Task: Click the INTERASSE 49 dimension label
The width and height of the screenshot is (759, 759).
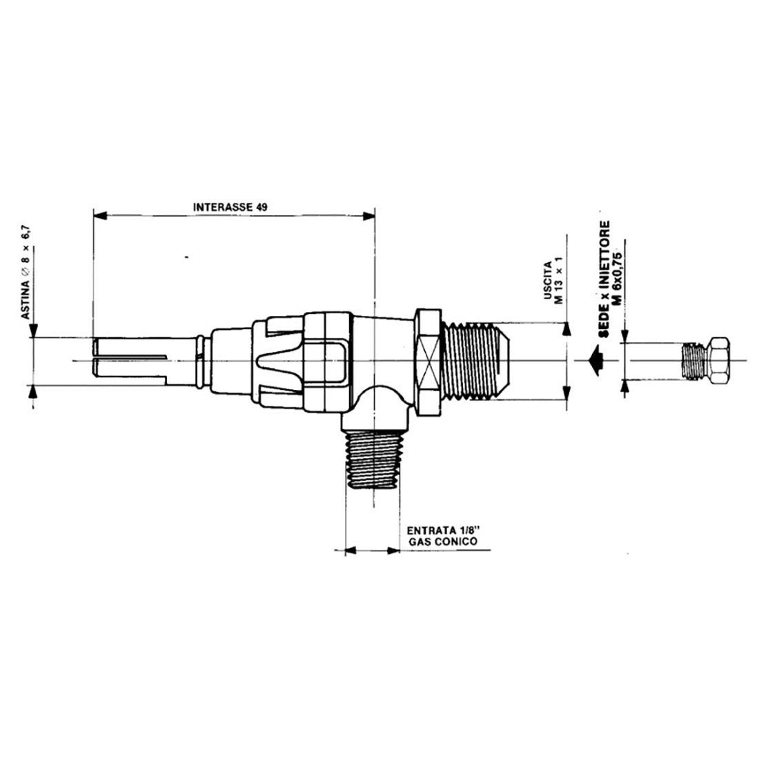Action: pos(230,207)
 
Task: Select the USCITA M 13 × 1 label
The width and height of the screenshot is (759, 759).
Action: pos(554,283)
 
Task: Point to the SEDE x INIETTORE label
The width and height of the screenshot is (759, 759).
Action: pos(604,279)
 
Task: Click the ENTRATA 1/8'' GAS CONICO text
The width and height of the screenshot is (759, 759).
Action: pos(443,535)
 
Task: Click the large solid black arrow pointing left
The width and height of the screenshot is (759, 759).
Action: pos(594,361)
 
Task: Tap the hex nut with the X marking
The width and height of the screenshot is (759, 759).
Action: pos(429,360)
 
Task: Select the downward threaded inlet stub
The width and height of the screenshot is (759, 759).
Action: pos(373,460)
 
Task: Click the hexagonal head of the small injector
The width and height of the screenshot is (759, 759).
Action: pos(718,361)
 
